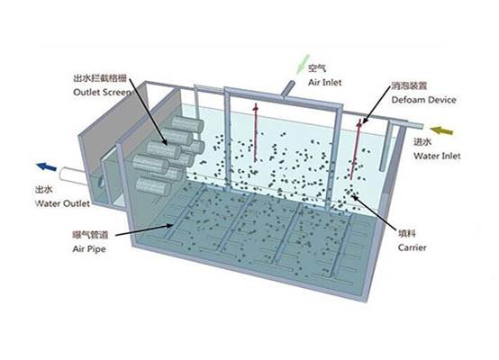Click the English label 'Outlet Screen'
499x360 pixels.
pyautogui.click(x=102, y=92)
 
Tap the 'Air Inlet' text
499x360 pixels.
pyautogui.click(x=324, y=83)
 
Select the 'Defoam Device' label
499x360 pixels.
pyautogui.click(x=423, y=100)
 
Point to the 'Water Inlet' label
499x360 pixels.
pyautogui.click(x=437, y=156)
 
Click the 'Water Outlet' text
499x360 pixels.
pyautogui.click(x=62, y=203)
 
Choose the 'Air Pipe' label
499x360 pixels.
pyautogui.click(x=89, y=248)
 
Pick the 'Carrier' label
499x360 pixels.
pyautogui.click(x=413, y=247)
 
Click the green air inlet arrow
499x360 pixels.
pyautogui.click(x=303, y=65)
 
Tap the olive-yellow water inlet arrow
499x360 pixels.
pyautogui.click(x=441, y=130)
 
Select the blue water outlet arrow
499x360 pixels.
pyautogui.click(x=47, y=166)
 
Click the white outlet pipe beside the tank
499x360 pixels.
pyautogui.click(x=73, y=175)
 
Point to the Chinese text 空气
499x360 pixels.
pyautogui.click(x=317, y=67)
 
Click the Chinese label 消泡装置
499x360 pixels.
pyautogui.click(x=409, y=85)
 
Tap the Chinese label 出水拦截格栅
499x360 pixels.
pyautogui.click(x=100, y=78)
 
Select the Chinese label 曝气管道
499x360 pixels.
pyautogui.click(x=90, y=235)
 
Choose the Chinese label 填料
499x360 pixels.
pyautogui.click(x=407, y=234)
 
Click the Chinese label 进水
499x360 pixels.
pyautogui.click(x=422, y=142)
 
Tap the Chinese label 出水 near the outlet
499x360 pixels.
pyautogui.click(x=44, y=190)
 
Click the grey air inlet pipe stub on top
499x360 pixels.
pyautogui.click(x=287, y=88)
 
